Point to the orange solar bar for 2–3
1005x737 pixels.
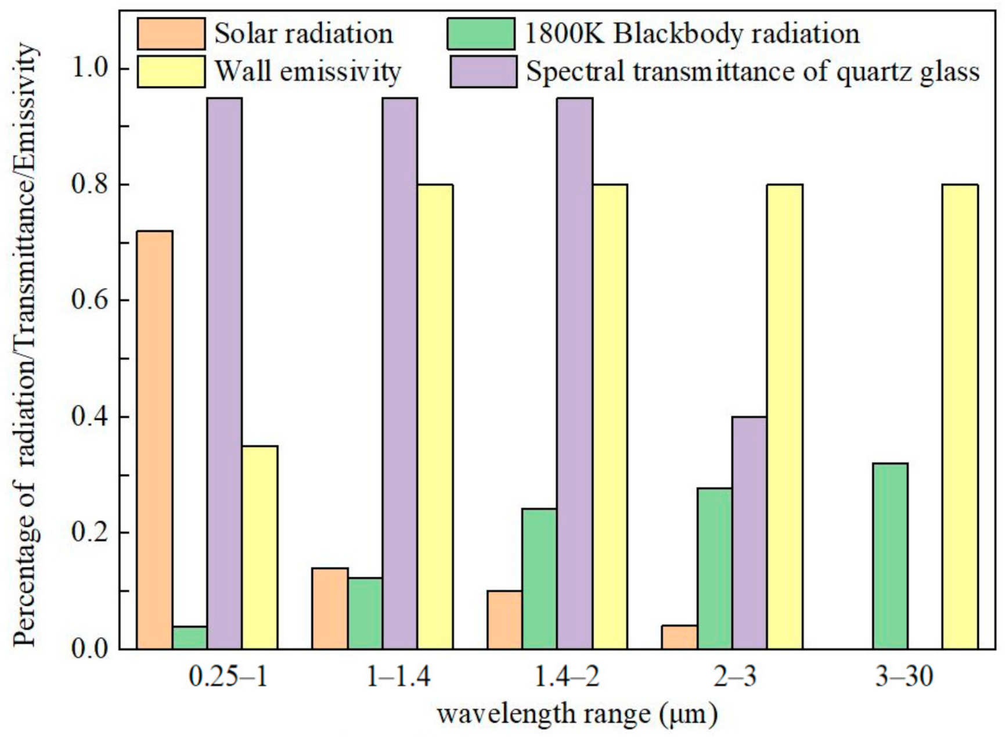point(679,637)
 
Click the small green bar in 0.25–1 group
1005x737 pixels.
point(190,638)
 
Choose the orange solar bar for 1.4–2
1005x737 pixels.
point(504,620)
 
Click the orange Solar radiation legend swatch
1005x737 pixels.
point(171,34)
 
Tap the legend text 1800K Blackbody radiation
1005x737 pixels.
point(691,34)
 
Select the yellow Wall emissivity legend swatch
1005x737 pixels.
point(171,72)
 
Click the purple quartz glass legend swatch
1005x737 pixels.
point(483,72)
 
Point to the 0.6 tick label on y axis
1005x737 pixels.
point(89,301)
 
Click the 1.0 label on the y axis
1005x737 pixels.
point(89,69)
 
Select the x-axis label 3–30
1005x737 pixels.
point(904,677)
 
